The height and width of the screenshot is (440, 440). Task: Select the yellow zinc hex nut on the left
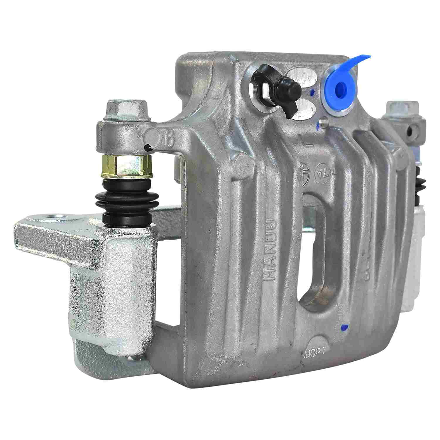tap(127, 166)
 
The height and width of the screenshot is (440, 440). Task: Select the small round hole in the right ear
tap(414, 129)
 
